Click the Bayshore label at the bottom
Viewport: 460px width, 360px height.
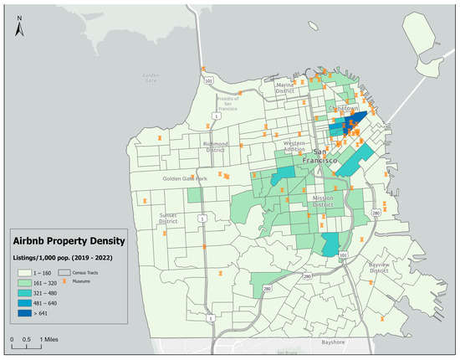pyautogui.click(x=310, y=342)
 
